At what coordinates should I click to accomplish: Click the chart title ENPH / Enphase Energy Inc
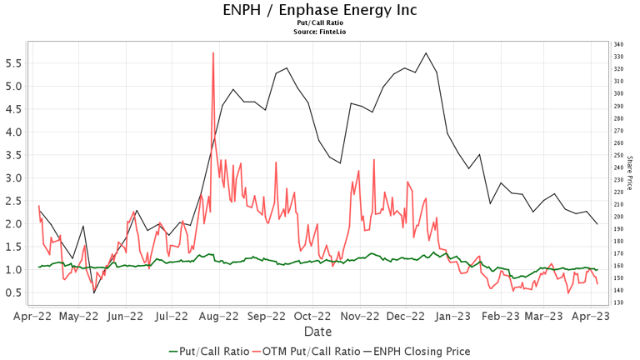(x=320, y=10)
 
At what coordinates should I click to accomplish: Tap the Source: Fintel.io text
(x=320, y=32)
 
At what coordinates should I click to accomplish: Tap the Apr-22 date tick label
(x=33, y=317)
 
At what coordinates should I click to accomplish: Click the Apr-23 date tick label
(x=593, y=317)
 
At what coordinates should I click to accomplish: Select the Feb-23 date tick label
(x=502, y=317)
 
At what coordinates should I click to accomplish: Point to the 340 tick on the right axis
(x=618, y=44)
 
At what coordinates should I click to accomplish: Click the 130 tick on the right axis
(x=618, y=302)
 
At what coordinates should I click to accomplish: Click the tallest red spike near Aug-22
(x=213, y=53)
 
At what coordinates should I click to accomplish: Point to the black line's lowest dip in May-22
(x=94, y=292)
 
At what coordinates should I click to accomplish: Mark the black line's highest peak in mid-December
(x=426, y=53)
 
